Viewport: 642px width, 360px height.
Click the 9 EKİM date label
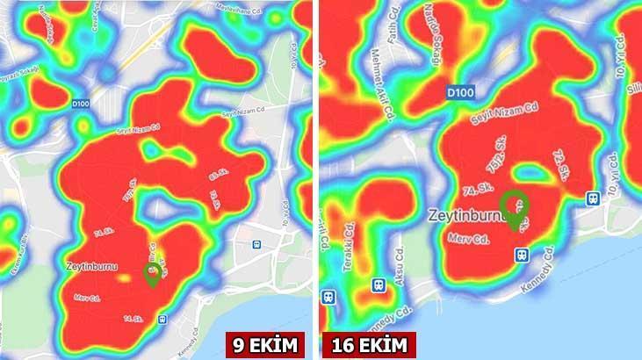(x=264, y=344)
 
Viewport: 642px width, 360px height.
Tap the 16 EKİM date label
(x=369, y=344)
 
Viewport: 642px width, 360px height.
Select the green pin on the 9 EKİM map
(x=153, y=272)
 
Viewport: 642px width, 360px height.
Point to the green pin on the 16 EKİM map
(x=515, y=208)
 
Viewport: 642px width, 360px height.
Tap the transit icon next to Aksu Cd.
(x=379, y=285)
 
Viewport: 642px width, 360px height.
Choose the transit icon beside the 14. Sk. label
(x=163, y=320)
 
